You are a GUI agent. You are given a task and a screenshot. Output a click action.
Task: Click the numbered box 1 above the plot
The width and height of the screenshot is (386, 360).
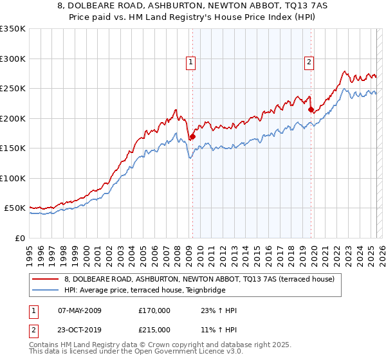[192, 62]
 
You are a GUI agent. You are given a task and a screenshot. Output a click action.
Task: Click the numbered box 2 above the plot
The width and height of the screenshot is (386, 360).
[309, 62]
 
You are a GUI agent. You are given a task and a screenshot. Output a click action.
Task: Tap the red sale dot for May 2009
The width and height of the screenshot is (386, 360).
[192, 136]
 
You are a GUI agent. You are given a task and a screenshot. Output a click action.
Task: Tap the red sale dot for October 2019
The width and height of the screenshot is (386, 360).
[311, 110]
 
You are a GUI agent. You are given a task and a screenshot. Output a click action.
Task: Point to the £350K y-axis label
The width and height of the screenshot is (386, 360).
[13, 29]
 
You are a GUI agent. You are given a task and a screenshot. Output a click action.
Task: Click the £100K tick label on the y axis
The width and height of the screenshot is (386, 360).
[13, 178]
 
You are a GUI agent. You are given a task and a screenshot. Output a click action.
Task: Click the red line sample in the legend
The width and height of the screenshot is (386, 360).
[46, 279]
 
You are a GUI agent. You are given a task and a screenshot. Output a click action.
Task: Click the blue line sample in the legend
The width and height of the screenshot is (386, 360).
[46, 290]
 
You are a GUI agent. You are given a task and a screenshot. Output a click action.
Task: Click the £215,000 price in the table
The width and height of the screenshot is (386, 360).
[154, 330]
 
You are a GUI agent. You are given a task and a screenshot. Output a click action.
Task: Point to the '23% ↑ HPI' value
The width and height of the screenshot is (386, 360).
[219, 311]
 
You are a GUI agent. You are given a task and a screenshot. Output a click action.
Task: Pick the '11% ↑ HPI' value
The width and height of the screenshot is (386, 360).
[219, 330]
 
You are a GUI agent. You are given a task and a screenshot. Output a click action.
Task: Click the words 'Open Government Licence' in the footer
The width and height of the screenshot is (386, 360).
[178, 352]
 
